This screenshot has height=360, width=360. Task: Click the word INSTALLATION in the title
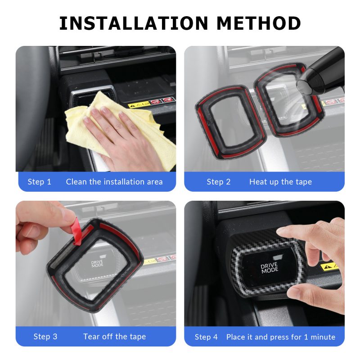134,23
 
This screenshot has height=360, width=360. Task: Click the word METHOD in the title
258,23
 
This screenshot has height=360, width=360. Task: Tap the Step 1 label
39,182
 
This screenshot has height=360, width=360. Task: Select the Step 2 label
219,182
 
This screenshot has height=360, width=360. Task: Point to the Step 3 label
45,337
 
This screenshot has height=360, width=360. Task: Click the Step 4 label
206,337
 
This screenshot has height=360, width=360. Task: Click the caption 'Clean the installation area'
114,182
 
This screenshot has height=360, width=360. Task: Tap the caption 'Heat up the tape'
280,182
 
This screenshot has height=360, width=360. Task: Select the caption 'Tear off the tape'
115,337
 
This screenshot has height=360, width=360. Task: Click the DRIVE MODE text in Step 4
270,268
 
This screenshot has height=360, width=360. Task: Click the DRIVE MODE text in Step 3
97,264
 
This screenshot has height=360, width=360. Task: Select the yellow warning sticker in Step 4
329,267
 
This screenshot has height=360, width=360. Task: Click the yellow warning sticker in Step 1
139,105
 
